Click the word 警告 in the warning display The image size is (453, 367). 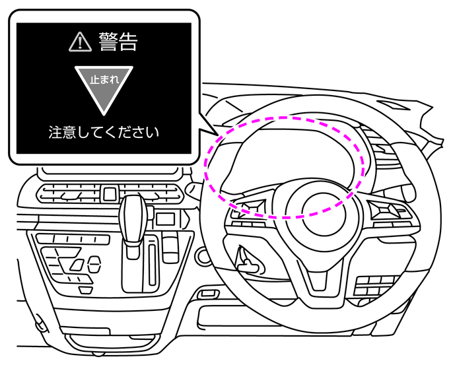pos(119,42)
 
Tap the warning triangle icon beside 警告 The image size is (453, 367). pos(79,43)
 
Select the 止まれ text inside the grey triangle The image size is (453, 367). pos(103,79)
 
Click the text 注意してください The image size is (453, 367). pos(104,132)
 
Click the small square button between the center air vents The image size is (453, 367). pos(110,194)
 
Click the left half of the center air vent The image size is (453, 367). pos(69,194)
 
